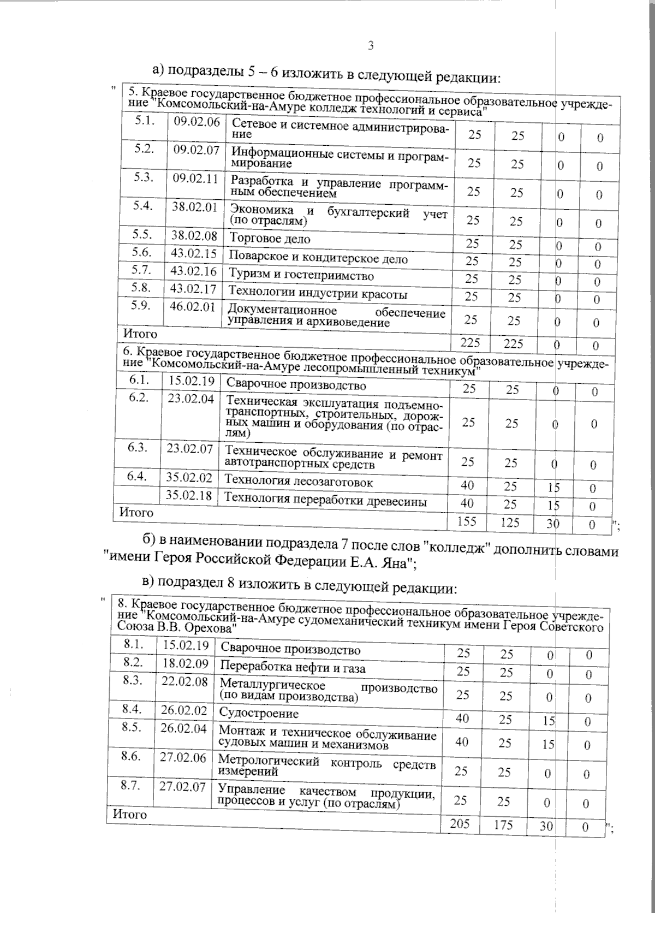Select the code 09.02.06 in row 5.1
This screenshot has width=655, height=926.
[196, 121]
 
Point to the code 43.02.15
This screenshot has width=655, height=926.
[193, 253]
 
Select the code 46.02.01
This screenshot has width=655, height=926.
[192, 306]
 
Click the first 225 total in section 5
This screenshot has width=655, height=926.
[471, 342]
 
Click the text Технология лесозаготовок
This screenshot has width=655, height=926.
[299, 482]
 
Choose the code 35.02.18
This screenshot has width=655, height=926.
[189, 496]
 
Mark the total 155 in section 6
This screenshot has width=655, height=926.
[467, 521]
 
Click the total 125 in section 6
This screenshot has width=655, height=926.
[510, 523]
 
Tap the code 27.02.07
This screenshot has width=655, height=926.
[182, 787]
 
